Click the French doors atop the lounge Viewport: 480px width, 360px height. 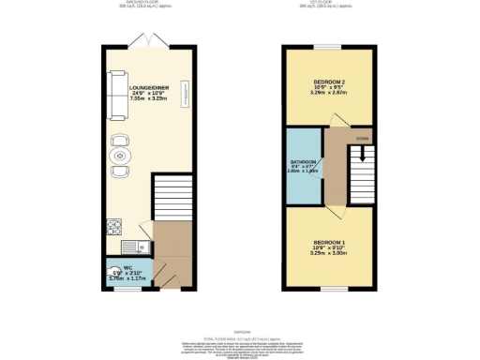pyautogui.click(x=151, y=44)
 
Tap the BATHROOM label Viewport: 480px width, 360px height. pyautogui.click(x=305, y=161)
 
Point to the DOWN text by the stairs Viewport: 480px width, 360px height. pyautogui.click(x=361, y=137)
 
